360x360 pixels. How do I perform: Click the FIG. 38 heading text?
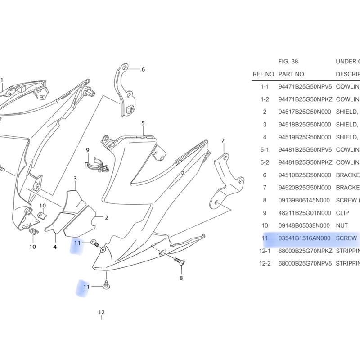pos(288,62)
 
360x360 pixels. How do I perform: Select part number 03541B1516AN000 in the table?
pos(305,238)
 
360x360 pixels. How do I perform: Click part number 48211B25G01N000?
pos(305,213)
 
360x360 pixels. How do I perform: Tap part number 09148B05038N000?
pos(305,225)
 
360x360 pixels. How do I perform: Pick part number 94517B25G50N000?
pos(305,112)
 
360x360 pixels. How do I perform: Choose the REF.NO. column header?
pos(264,74)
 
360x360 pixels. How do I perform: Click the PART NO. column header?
pos(292,74)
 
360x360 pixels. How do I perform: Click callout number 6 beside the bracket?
pos(143,69)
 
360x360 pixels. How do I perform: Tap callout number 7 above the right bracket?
pos(223,141)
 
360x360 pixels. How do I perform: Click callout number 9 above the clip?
pos(88,150)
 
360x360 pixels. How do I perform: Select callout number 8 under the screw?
pos(181,278)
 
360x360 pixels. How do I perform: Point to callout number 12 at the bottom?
pos(101,312)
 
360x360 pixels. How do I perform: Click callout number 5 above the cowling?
pos(143,123)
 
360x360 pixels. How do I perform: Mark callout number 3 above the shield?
pos(75,179)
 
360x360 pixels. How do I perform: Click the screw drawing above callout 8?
pos(179,261)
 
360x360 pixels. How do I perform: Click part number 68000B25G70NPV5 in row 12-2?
pos(305,263)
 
